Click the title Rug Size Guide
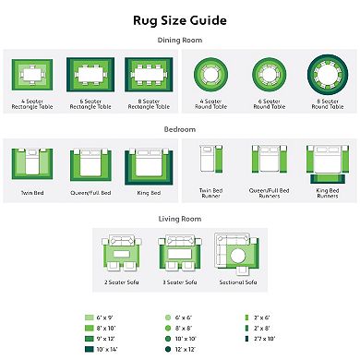[x=180, y=19]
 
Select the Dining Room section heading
[x=180, y=41]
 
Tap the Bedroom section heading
[x=180, y=130]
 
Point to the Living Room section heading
[x=180, y=220]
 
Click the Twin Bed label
[x=33, y=192]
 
